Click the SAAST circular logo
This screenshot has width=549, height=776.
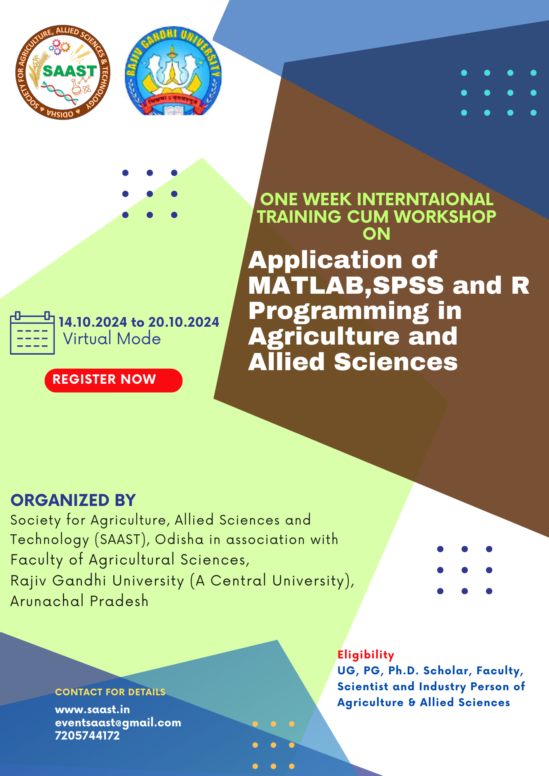coord(63,73)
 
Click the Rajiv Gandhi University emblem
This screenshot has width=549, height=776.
coord(173,71)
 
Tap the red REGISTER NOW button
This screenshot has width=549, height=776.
coord(113,380)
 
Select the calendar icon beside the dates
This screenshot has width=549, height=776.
coord(32,333)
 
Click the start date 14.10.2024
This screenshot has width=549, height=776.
coord(93,322)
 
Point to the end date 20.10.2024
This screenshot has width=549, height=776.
coord(184,322)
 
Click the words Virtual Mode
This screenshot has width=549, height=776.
coord(112,339)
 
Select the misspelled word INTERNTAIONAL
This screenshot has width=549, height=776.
coord(425,199)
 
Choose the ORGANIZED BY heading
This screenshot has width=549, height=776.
coord(73,500)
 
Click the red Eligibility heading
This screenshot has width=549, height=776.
coord(366,655)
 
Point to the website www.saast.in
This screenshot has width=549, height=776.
coord(92,709)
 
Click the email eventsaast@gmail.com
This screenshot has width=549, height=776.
coord(118,722)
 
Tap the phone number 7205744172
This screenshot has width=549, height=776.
coord(87,735)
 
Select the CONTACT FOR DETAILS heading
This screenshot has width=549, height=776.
coord(110,692)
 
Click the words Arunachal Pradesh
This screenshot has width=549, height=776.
coord(80,601)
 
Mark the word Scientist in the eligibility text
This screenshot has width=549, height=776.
coord(363,686)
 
